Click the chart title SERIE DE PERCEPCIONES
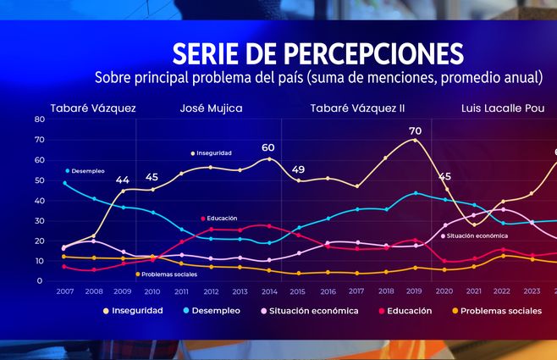point(317,53)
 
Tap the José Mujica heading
point(211,108)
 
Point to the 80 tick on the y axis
point(39,119)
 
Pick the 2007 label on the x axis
point(64,291)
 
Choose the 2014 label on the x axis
point(269,291)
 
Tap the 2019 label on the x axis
point(415,291)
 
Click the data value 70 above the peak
point(415,131)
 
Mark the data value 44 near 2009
point(123,180)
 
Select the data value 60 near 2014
point(268,148)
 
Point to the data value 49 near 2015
point(298,170)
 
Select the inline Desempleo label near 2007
point(88,171)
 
